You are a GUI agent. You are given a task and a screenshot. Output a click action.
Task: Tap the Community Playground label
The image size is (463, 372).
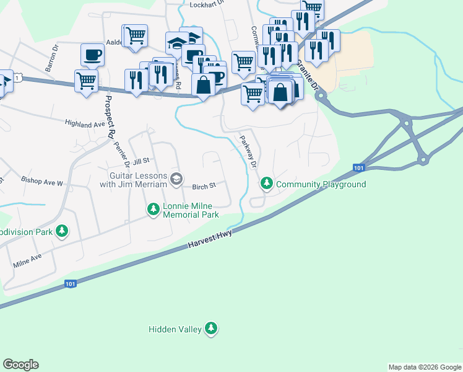pos(321,184)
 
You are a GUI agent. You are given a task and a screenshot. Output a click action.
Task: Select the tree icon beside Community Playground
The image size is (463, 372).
pos(267,184)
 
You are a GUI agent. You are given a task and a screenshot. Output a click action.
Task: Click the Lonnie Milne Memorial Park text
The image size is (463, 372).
pos(191,211)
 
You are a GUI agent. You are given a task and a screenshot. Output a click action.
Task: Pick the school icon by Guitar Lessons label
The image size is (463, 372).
pos(176,180)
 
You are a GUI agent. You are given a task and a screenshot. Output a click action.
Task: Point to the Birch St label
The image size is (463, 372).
pos(203,186)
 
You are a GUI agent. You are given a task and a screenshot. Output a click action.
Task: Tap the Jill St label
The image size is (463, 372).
pos(141,161)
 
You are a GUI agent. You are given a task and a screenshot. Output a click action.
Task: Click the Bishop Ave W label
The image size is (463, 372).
pos(42,183)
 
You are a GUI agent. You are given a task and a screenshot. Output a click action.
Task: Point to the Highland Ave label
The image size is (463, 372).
pos(85,124)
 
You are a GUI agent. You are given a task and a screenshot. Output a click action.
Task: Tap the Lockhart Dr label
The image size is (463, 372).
pos(206,4)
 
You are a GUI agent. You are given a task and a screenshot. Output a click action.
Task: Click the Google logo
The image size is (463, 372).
pos(20,365)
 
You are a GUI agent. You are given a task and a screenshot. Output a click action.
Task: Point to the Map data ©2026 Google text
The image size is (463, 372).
pos(424,367)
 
